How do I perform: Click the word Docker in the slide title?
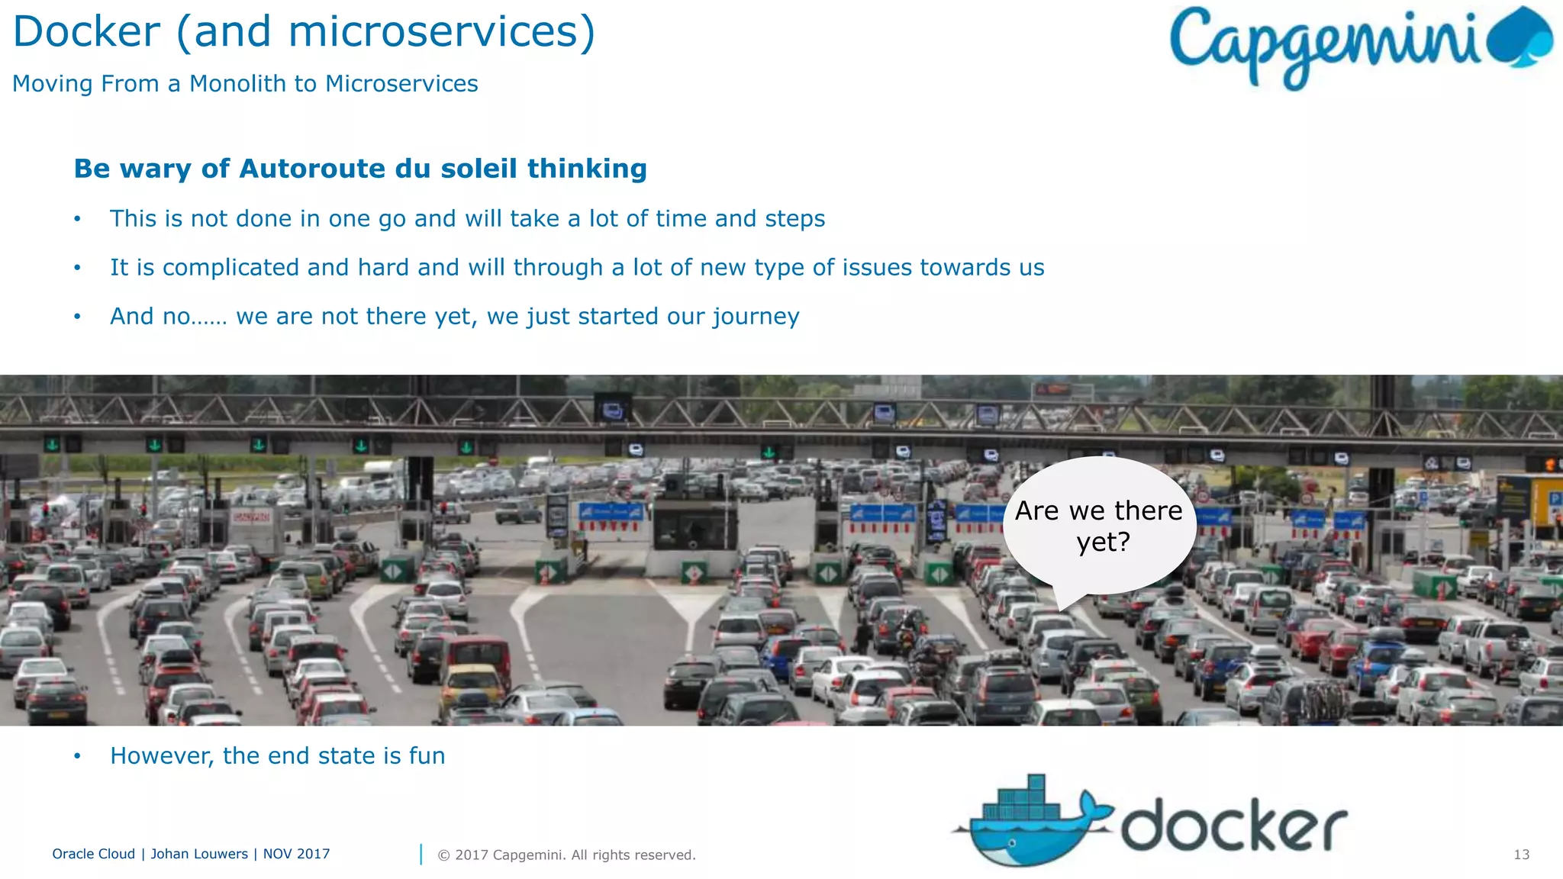coord(86,32)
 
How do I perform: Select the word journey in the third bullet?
coord(756,317)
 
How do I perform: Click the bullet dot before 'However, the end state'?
coord(77,756)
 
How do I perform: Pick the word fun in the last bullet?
coord(427,756)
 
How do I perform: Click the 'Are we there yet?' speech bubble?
coord(1098,526)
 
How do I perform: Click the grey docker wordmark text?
coord(1233,826)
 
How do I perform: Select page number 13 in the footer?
coord(1521,855)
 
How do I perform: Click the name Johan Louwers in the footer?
coord(199,854)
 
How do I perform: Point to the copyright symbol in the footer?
coord(443,855)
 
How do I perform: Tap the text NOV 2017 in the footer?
coord(296,854)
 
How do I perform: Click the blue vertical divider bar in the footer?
coord(421,855)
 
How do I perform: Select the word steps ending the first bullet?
coord(794,219)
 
